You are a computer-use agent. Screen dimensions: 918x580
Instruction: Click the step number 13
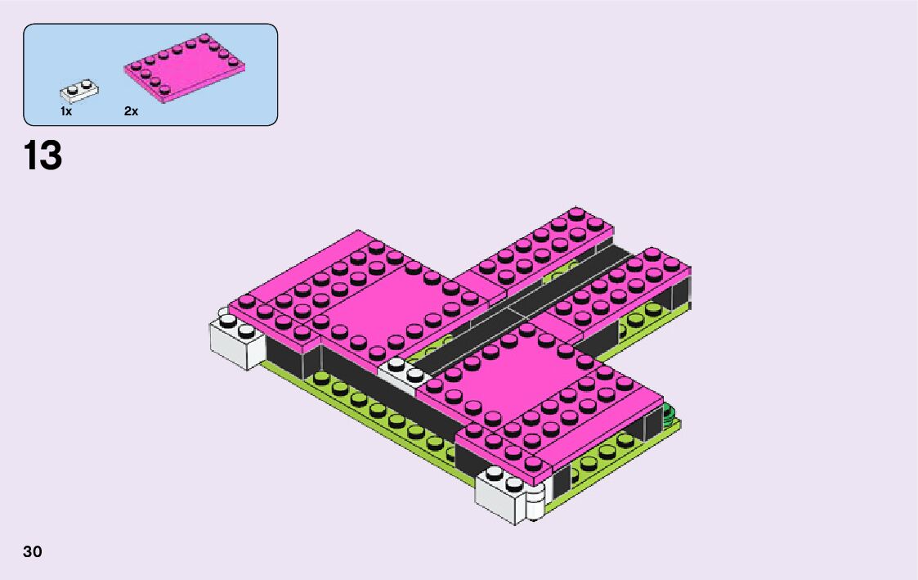(x=43, y=155)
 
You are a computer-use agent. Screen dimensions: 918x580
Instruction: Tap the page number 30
(x=33, y=551)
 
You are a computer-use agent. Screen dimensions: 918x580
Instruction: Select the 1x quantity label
(x=66, y=111)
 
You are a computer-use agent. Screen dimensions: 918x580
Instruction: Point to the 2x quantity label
(x=131, y=111)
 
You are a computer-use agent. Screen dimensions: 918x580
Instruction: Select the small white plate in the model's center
(x=404, y=373)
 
